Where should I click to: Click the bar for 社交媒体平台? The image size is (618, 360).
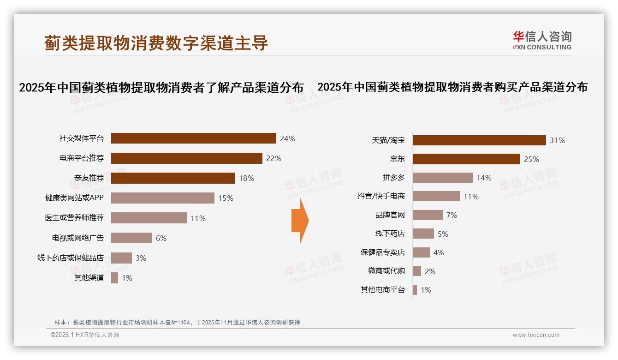coord(193,138)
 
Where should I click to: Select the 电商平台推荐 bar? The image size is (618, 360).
coord(186,158)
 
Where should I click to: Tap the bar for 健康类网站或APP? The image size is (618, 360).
coord(162,198)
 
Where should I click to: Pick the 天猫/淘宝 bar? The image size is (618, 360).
coord(479,140)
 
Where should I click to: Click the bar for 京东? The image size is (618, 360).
coord(466,159)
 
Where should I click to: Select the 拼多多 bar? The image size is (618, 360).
coord(442,178)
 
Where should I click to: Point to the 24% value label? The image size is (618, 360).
coord(287,138)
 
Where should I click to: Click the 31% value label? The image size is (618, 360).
coord(557,140)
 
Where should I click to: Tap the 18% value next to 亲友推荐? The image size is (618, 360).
coord(246,178)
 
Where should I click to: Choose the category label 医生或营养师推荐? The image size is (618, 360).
coord(74,218)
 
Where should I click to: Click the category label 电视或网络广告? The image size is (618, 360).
coord(77,238)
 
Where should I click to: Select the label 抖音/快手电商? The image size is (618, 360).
coord(381,196)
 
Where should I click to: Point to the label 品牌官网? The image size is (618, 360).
coord(390,215)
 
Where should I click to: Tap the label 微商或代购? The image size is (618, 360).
coord(386,271)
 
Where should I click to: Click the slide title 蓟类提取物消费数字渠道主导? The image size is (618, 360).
coord(156,43)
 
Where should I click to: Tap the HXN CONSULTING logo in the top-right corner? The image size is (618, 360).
coord(542,41)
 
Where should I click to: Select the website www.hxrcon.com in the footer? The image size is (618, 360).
coord(536,335)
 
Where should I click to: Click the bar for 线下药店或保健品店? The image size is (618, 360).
coord(121,258)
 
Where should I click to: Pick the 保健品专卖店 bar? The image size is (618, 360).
coord(421,252)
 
